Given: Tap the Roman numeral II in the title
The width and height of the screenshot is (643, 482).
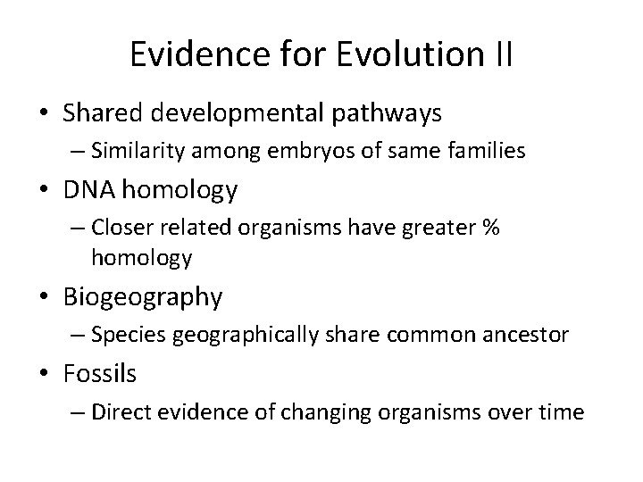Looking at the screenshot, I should point(501,54).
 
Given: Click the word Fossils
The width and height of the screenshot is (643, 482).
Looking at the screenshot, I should point(99,374).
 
